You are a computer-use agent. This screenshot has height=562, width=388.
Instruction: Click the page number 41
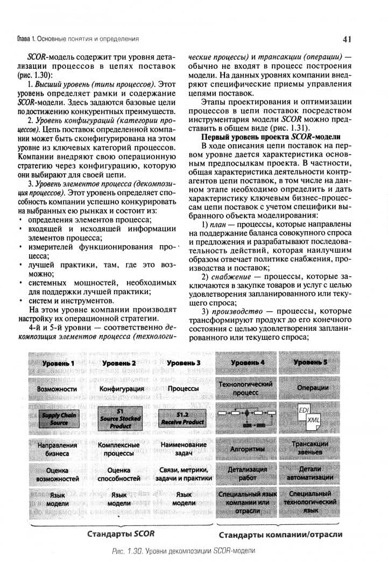click(347, 39)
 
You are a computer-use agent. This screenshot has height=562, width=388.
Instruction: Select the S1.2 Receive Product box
click(182, 418)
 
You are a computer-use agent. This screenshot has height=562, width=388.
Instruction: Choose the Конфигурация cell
click(122, 388)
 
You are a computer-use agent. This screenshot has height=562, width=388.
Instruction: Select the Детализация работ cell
click(247, 474)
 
